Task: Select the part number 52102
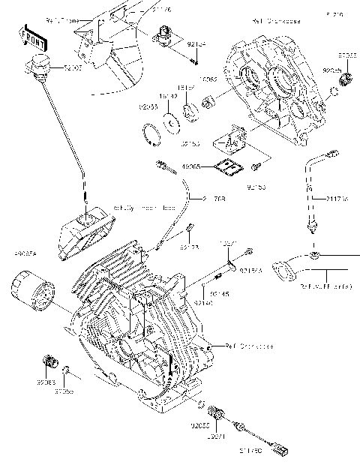[73, 68]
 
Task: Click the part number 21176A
[337, 198]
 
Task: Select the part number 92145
[219, 293]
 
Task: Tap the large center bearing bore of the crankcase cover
[281, 79]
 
